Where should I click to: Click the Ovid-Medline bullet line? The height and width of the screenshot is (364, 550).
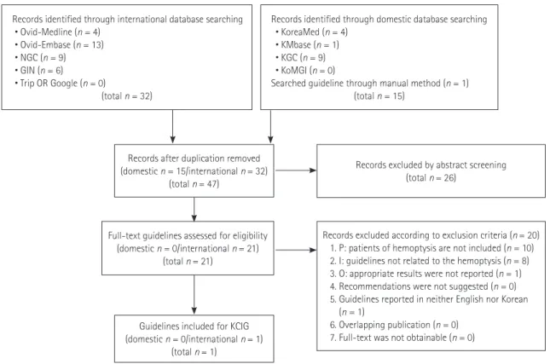pyautogui.click(x=57, y=32)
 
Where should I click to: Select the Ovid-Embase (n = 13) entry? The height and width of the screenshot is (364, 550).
pyautogui.click(x=60, y=45)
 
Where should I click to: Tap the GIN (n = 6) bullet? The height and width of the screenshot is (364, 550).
pyautogui.click(x=39, y=71)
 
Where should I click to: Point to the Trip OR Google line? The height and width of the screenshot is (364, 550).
pyautogui.click(x=60, y=83)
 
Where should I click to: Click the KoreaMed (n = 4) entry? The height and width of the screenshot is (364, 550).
pyautogui.click(x=311, y=32)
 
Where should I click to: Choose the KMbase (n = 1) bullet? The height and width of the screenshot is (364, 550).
pyautogui.click(x=307, y=45)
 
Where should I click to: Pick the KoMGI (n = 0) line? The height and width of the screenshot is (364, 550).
pyautogui.click(x=305, y=71)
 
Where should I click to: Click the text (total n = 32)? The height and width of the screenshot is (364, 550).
pyautogui.click(x=127, y=96)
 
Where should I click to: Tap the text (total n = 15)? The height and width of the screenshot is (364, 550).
pyautogui.click(x=379, y=96)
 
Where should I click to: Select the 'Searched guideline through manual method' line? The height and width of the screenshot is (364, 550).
pyautogui.click(x=370, y=83)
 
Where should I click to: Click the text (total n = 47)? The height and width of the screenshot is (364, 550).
pyautogui.click(x=194, y=184)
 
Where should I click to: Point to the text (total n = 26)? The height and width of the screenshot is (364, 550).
pyautogui.click(x=431, y=178)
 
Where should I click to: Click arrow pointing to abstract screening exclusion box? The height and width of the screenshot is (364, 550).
pyautogui.click(x=296, y=170)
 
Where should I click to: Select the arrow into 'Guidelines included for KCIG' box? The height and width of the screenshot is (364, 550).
pyautogui.click(x=194, y=295)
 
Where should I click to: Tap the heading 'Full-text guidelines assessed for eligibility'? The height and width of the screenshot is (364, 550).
pyautogui.click(x=188, y=235)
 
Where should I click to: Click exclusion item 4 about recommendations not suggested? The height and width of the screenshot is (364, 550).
pyautogui.click(x=423, y=286)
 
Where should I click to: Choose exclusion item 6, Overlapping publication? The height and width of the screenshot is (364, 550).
pyautogui.click(x=394, y=325)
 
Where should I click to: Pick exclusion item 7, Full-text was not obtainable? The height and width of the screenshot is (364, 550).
pyautogui.click(x=402, y=338)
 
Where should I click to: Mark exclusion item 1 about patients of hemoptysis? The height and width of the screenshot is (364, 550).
pyautogui.click(x=431, y=248)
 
